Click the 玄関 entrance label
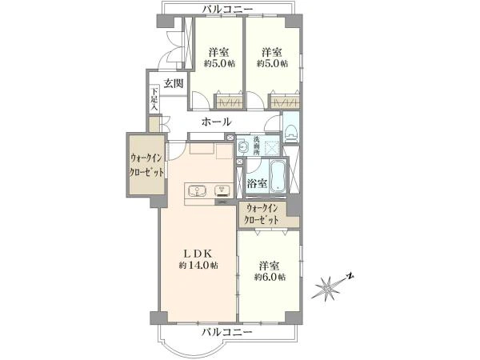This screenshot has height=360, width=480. pos(174,83)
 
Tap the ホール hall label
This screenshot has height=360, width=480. pos(216,122)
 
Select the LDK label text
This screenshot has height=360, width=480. pos(198,254)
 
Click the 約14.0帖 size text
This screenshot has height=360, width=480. pos(198,265)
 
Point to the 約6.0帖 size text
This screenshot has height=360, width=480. pos(270,277)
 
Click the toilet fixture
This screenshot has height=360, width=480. pos(290,132)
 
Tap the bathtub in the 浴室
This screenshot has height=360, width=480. pos(278,177)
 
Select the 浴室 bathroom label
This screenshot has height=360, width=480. pos(257,183)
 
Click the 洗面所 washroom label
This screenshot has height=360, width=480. pos(256,146)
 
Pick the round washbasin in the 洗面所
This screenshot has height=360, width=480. pos(243,146)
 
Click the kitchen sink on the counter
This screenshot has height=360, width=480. pos(197,191)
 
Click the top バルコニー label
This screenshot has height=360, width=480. pos(228,9)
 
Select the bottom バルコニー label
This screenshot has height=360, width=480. pos(227,331)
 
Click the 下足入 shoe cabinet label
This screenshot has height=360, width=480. pos(154,99)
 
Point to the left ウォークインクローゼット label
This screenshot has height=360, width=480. pos(146,166)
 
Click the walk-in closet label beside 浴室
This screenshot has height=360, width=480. pos(262,214)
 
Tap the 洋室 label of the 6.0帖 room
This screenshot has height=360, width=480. pos(270,265)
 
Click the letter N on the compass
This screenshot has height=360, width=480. pos(350,277)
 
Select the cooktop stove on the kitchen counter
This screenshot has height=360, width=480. pos(223,190)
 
